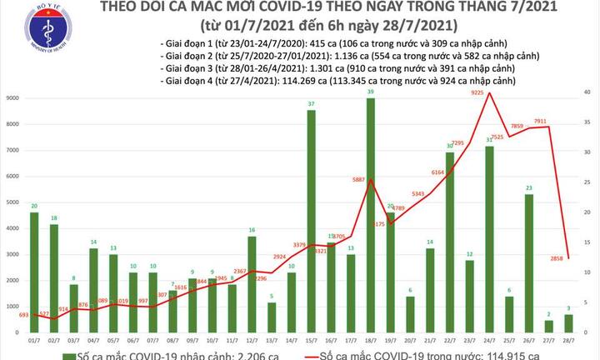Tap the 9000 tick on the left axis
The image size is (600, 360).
[x=12, y=99]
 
